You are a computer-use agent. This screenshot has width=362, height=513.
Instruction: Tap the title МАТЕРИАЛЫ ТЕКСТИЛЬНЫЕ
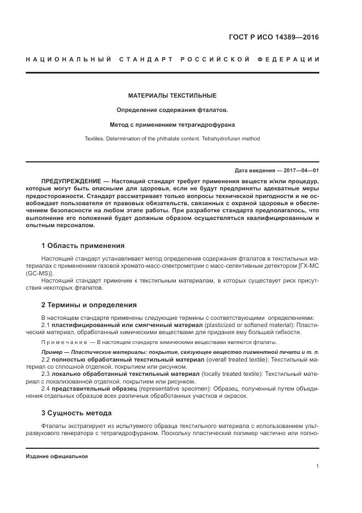pos(172,95)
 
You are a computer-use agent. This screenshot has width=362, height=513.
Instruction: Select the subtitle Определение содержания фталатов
pos(172,110)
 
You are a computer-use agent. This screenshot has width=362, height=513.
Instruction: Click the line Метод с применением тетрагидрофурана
pos(172,125)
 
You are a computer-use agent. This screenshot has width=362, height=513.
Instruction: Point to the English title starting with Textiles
pos(172,139)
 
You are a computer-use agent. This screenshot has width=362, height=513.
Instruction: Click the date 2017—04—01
pos(300,171)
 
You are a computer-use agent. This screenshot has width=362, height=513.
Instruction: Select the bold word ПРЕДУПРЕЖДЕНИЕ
pos(69,181)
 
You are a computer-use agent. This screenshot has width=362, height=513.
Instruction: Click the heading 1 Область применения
pos(83,245)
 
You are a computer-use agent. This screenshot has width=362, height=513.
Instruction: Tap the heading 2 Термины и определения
pos(89,305)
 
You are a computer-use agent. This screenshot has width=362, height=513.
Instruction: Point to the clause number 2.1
pos(45,325)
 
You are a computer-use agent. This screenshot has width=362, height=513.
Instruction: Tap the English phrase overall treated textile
pos(238,359)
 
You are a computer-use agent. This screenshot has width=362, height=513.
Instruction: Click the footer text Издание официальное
pos(56,456)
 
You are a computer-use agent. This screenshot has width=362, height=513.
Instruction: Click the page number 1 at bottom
pos(318,466)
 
